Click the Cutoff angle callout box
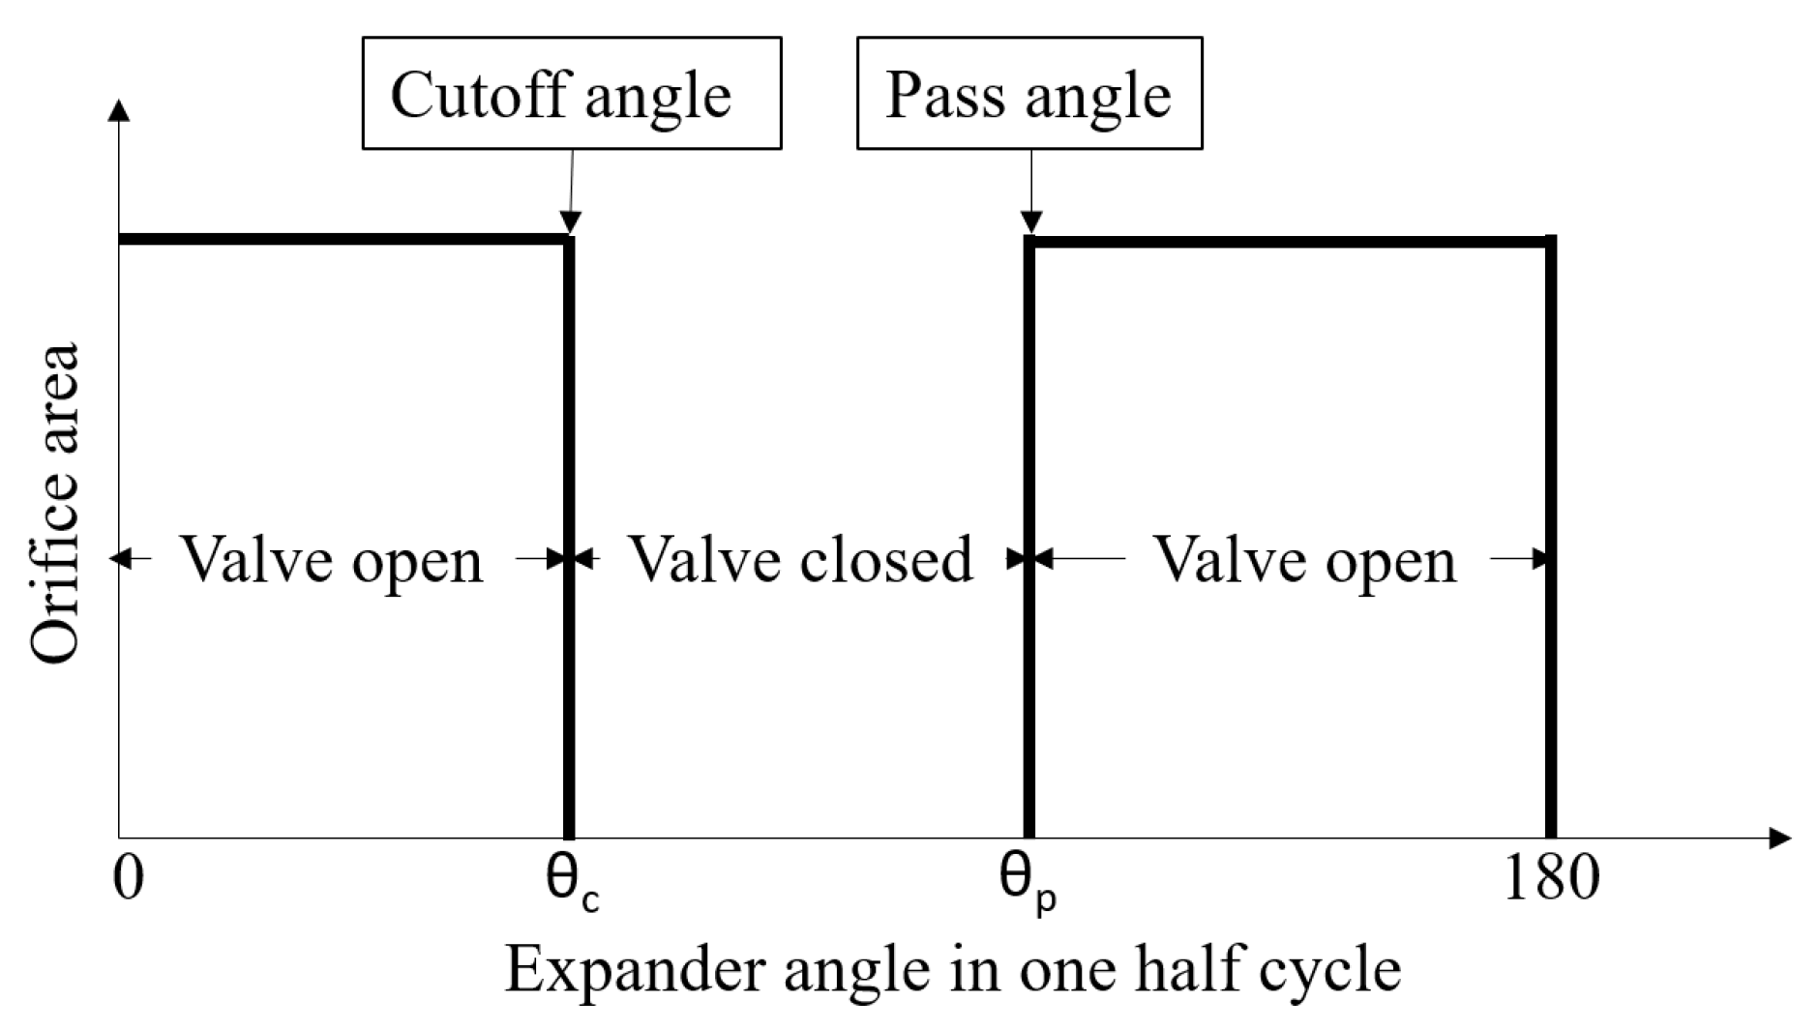571,93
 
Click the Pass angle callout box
1028,93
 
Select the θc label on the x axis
572,882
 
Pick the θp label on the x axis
1028,882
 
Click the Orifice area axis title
55,503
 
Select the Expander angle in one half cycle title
953,970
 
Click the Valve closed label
801,560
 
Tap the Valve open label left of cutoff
332,560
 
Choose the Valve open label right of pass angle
1306,560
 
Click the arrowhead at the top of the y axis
119,109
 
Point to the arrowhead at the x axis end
1779,838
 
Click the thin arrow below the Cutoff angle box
571,189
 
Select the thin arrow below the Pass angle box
1031,189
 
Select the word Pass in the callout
944,95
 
